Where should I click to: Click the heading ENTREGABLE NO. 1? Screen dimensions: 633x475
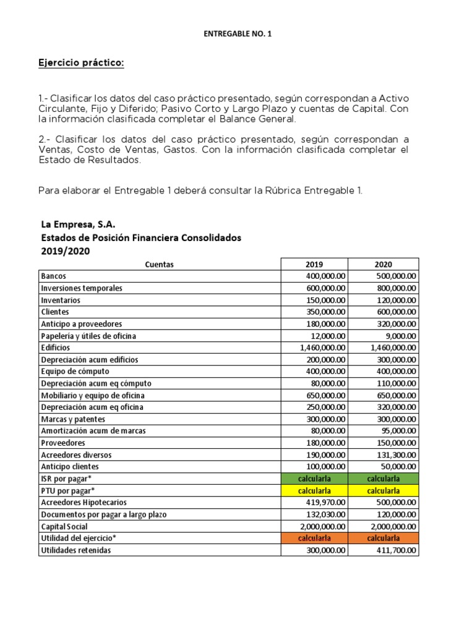(x=237, y=35)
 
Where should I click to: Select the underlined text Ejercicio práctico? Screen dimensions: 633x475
(x=82, y=63)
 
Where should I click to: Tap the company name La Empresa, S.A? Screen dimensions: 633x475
(x=78, y=224)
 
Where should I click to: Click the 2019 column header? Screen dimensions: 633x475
(x=314, y=264)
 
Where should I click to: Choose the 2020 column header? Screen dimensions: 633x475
(x=383, y=264)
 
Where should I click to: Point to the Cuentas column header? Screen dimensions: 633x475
(x=159, y=264)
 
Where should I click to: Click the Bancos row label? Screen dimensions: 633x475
(x=54, y=276)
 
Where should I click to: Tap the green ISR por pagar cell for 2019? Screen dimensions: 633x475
(x=314, y=478)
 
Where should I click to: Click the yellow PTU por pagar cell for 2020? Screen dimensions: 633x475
(x=383, y=490)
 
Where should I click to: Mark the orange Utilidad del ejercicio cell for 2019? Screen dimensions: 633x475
(x=314, y=538)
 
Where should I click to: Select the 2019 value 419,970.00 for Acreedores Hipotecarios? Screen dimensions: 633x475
(x=325, y=503)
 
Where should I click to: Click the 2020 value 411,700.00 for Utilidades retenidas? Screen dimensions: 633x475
(x=394, y=550)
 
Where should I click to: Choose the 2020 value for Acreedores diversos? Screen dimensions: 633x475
(x=394, y=455)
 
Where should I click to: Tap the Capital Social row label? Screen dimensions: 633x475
(x=64, y=526)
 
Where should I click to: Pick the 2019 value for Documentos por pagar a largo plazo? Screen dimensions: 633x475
(x=325, y=514)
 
